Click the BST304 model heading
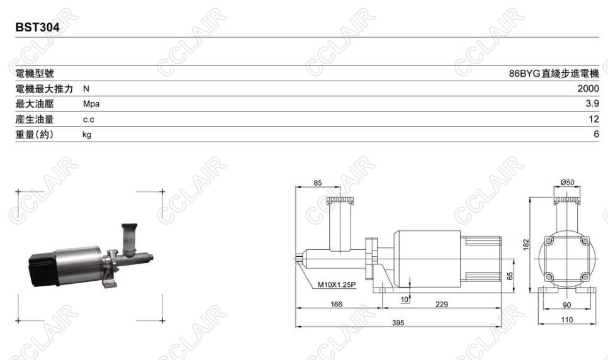click(38, 28)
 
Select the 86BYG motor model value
click(554, 73)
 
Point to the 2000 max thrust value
click(588, 89)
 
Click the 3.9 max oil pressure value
click(592, 104)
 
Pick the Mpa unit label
click(91, 104)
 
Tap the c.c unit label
click(88, 120)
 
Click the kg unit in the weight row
click(87, 135)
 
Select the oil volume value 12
click(594, 119)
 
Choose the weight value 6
click(597, 134)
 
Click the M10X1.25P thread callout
click(337, 284)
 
